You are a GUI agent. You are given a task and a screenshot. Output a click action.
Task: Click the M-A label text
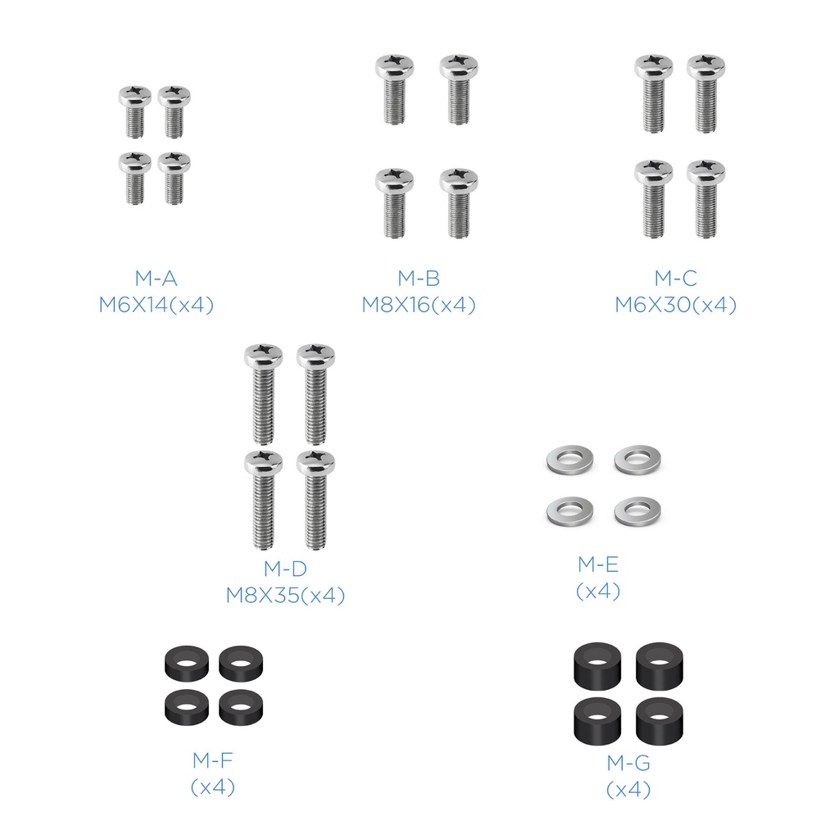[156, 279]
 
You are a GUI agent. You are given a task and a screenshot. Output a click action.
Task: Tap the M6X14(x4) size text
[156, 305]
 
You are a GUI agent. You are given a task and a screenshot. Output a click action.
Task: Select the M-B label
[419, 279]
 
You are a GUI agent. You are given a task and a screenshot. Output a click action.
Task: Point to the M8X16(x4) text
[419, 305]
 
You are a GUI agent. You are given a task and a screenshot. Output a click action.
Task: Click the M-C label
[676, 279]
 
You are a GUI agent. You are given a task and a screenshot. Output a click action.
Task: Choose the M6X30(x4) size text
[676, 305]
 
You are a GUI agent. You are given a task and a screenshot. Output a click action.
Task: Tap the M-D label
[285, 569]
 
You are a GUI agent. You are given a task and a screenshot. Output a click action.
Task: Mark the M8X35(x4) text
[285, 595]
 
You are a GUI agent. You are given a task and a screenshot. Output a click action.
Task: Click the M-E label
[597, 564]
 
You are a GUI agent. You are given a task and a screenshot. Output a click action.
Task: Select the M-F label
[212, 760]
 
